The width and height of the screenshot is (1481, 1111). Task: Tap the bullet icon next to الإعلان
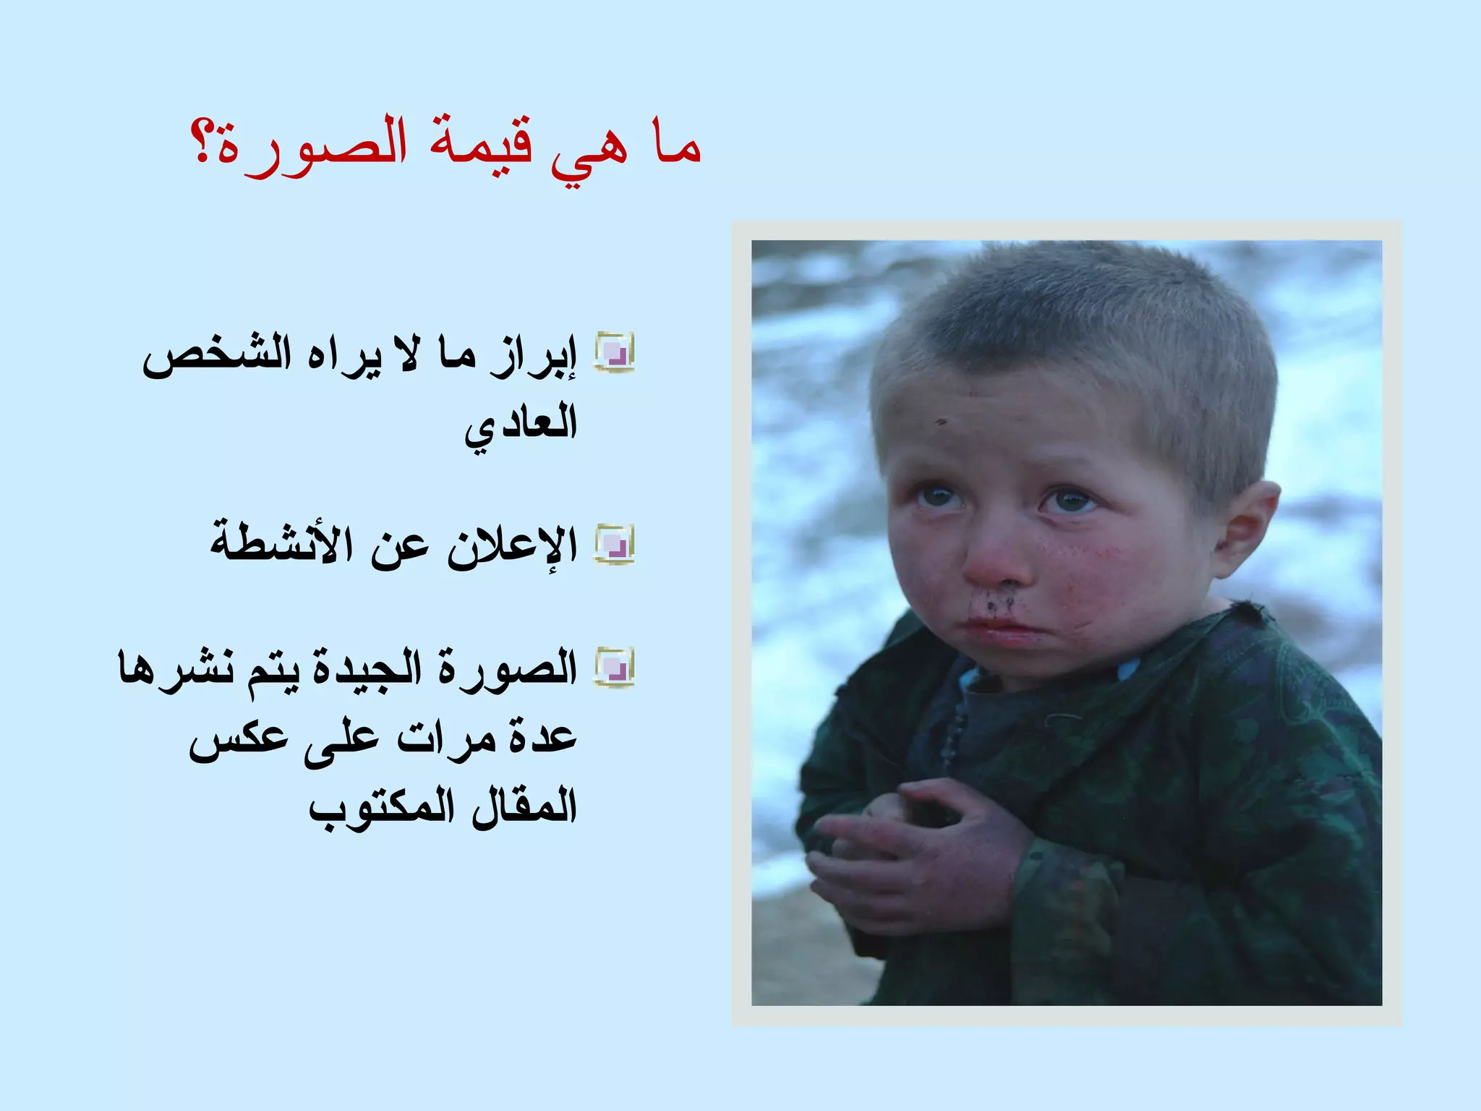point(614,544)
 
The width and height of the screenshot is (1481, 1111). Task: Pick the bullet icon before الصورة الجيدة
point(614,666)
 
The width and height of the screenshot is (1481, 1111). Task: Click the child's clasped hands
point(918,854)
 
